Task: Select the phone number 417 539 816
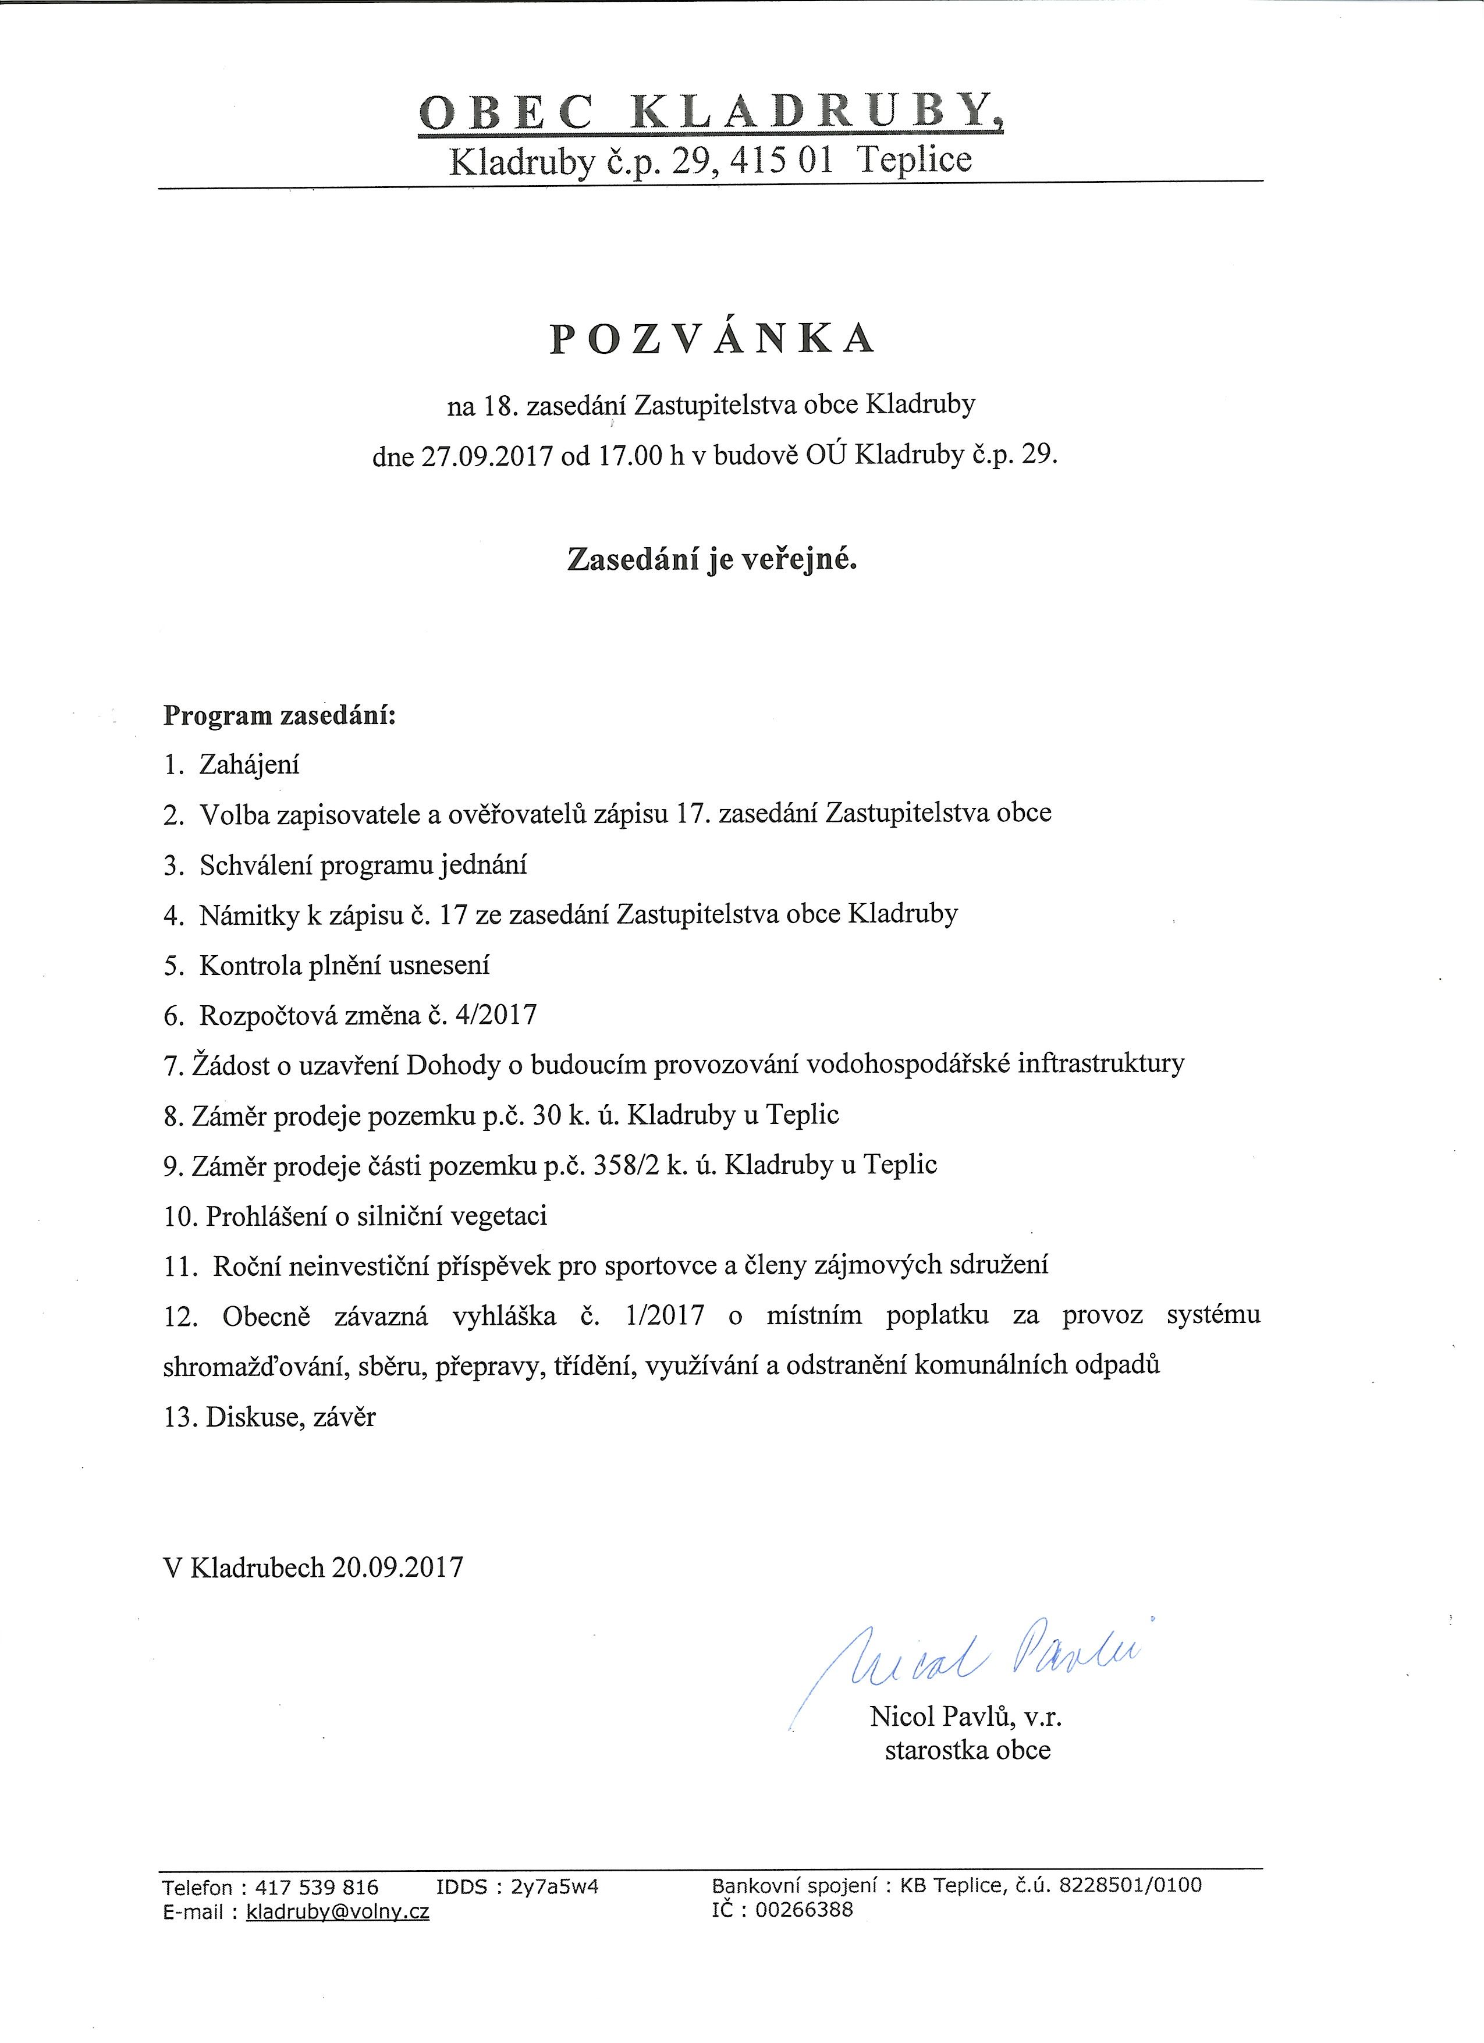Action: tap(317, 1887)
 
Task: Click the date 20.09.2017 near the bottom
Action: tap(397, 1567)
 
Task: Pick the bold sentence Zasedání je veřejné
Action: tap(711, 561)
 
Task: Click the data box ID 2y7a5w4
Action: tap(555, 1887)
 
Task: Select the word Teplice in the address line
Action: tap(915, 160)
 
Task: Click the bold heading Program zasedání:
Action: tap(279, 716)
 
